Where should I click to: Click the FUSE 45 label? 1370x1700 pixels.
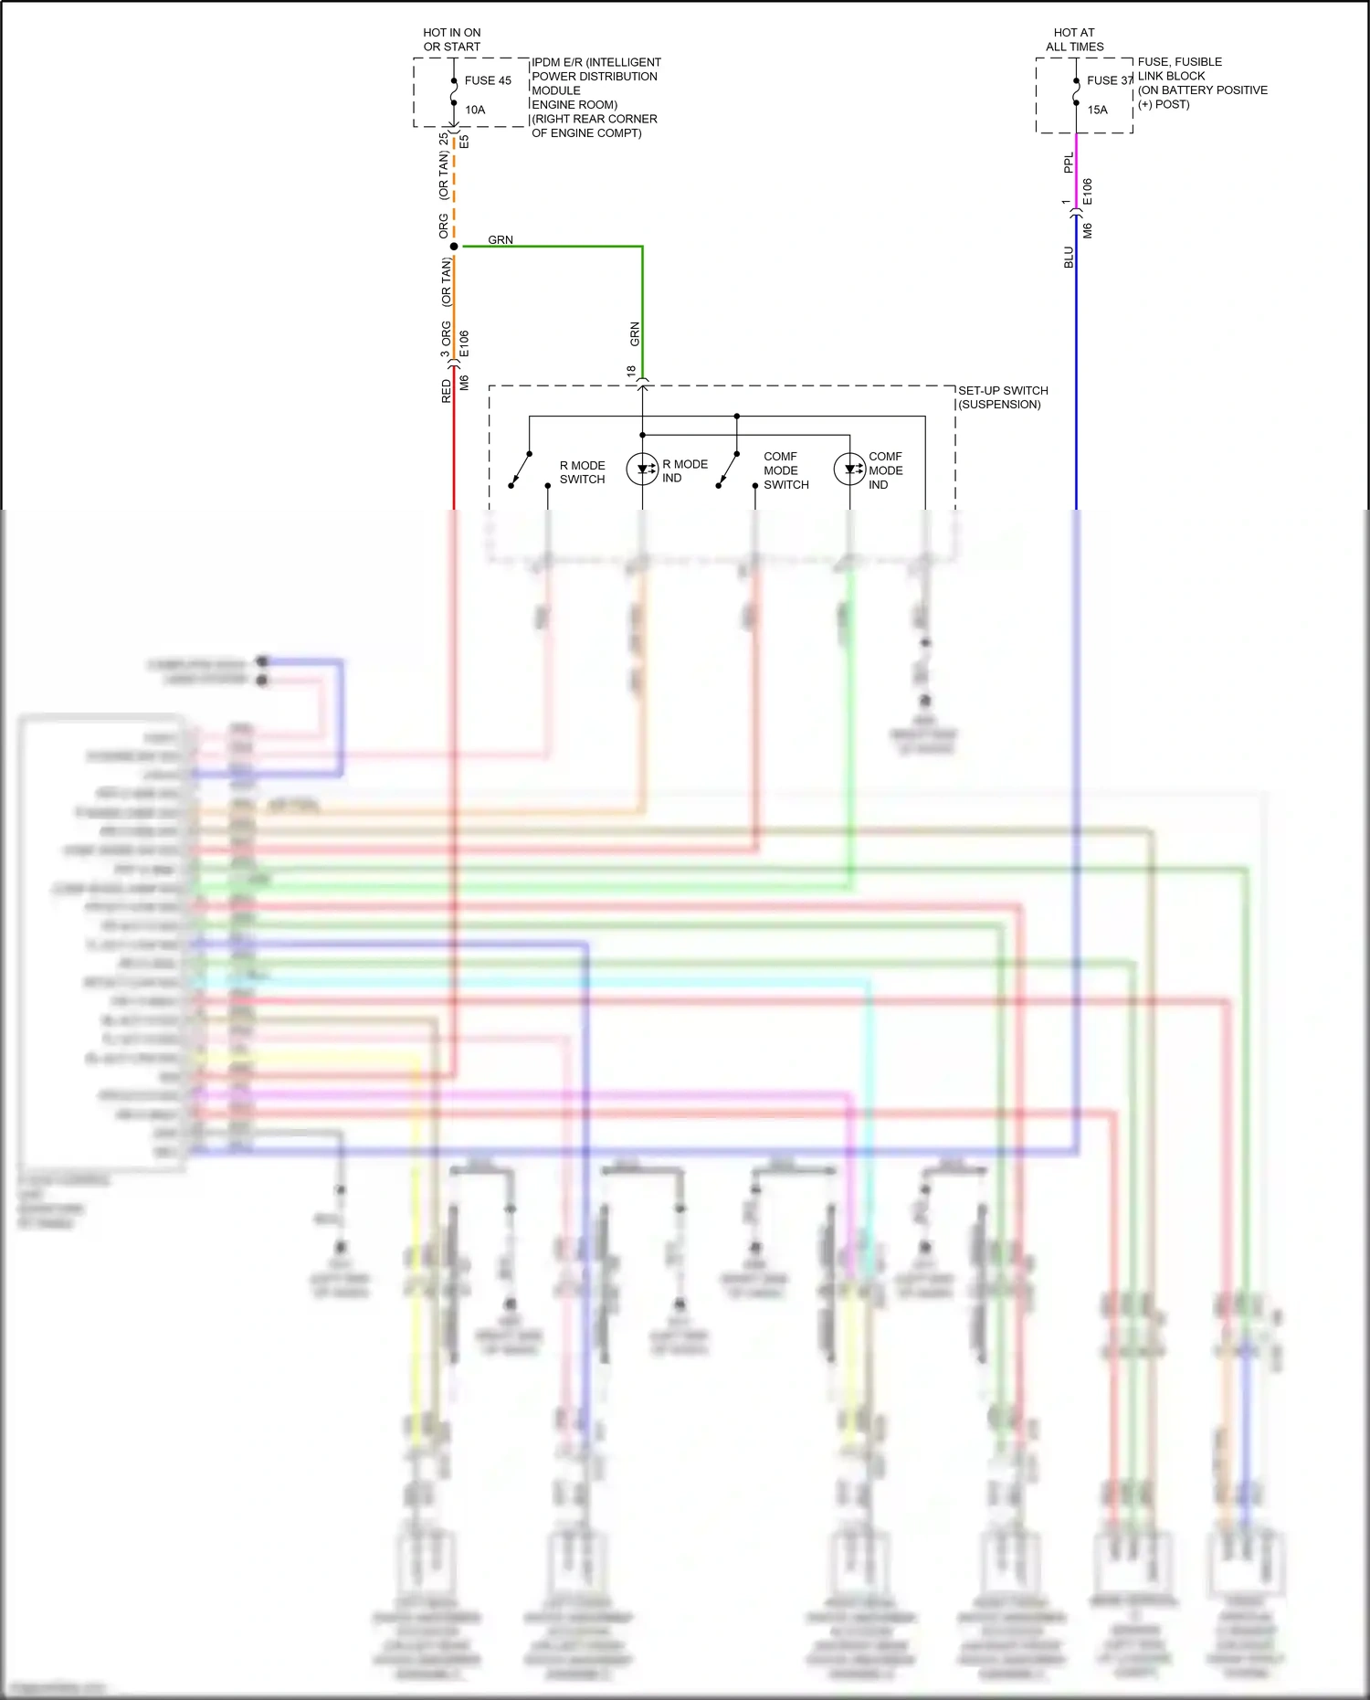coord(487,80)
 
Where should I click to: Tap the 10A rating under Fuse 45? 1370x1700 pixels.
coord(475,110)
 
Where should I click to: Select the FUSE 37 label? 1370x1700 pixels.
coord(1109,80)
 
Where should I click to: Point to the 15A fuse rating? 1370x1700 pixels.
coord(1097,110)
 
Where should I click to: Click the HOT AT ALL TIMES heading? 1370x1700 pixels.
coord(1074,39)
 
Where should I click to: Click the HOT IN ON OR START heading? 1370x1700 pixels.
coord(451,39)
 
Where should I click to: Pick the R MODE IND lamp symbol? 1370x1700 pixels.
coord(642,470)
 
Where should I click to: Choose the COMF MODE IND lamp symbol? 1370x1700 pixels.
coord(849,470)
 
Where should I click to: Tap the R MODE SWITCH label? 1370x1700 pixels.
coord(582,472)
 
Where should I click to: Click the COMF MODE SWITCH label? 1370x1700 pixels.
coord(785,470)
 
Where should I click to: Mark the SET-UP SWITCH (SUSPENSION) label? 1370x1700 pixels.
coord(1002,397)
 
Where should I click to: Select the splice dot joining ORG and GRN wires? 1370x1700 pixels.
coord(454,247)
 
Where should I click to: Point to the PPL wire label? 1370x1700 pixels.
coord(1069,163)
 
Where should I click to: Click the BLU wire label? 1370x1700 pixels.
coord(1069,257)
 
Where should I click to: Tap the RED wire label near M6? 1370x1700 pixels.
coord(446,391)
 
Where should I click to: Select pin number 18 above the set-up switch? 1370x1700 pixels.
coord(631,372)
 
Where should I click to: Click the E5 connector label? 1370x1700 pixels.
coord(464,142)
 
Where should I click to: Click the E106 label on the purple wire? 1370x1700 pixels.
coord(1087,192)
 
